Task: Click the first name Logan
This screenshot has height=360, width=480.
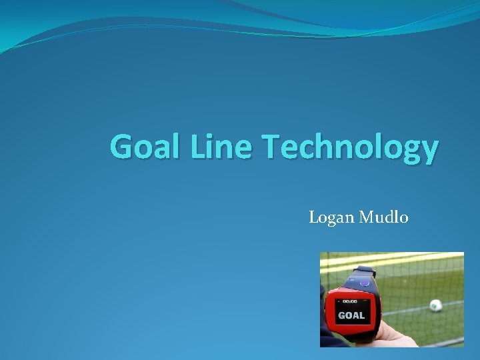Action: [331, 217]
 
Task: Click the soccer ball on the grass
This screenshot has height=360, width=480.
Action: [435, 305]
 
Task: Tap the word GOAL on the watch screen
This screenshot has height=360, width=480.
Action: [351, 315]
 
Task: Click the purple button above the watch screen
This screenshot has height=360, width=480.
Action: [364, 281]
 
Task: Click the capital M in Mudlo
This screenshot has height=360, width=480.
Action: [366, 217]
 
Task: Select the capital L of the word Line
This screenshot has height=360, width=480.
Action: [197, 147]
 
